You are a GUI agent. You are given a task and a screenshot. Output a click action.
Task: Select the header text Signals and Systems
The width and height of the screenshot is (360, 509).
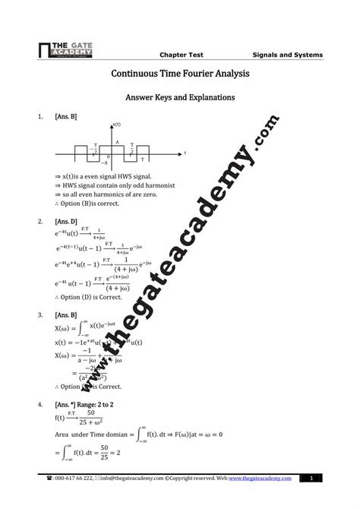coord(287,55)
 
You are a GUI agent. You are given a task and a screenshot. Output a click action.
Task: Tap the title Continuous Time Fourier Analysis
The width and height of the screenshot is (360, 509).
coord(180,74)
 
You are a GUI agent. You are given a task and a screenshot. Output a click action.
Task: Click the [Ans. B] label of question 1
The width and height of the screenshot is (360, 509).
coord(66,117)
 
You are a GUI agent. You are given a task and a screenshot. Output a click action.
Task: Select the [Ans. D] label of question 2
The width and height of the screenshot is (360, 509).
coord(66,222)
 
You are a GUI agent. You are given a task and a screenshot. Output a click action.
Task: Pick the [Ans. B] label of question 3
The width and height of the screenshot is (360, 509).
coord(66,314)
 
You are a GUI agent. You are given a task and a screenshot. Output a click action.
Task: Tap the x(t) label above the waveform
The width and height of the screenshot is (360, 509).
coord(117,124)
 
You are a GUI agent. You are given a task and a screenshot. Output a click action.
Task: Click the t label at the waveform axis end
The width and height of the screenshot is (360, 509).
coord(185,153)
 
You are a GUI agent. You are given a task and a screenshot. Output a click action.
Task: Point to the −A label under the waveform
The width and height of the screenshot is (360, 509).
coord(106,163)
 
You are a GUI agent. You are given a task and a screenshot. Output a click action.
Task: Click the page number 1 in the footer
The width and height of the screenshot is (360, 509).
coord(311,478)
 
